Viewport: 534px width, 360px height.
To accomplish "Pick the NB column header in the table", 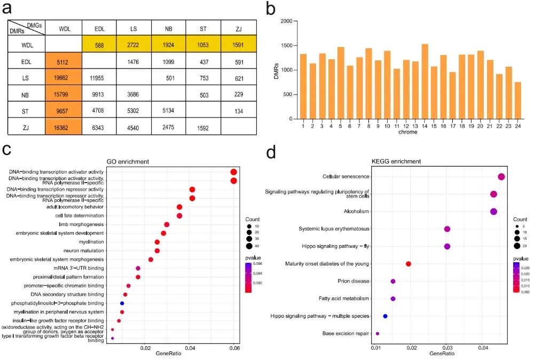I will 168,28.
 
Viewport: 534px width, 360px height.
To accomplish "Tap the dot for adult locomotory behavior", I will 179,207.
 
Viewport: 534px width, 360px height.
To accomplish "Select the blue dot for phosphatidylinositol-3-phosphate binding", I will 122,303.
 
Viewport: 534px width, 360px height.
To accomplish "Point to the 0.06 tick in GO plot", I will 234,348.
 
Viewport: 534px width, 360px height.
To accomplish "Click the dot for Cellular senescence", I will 501,177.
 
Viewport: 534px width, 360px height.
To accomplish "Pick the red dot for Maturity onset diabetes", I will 409,264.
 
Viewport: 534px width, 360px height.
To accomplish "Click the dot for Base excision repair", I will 378,333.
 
